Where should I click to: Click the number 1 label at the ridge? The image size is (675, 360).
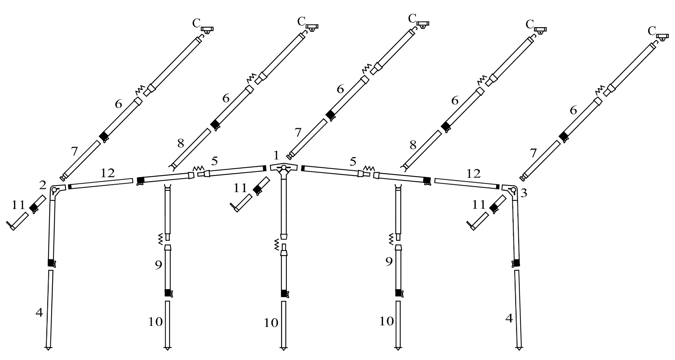tap(276, 156)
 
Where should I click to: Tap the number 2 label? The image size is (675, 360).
tap(43, 185)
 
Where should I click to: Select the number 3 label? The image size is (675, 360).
tap(524, 193)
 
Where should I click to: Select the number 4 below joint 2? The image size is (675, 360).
tap(39, 313)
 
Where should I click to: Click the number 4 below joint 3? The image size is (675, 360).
tap(509, 318)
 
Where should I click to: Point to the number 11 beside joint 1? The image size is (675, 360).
tap(241, 188)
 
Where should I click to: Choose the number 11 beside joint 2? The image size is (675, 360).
tap(18, 205)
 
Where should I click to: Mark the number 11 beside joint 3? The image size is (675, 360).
tap(479, 205)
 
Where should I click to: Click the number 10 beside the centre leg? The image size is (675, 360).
tap(271, 323)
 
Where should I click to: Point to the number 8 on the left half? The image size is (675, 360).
tap(180, 143)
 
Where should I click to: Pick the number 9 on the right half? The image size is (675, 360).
tap(389, 261)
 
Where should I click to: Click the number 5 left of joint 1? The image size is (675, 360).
tap(214, 161)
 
